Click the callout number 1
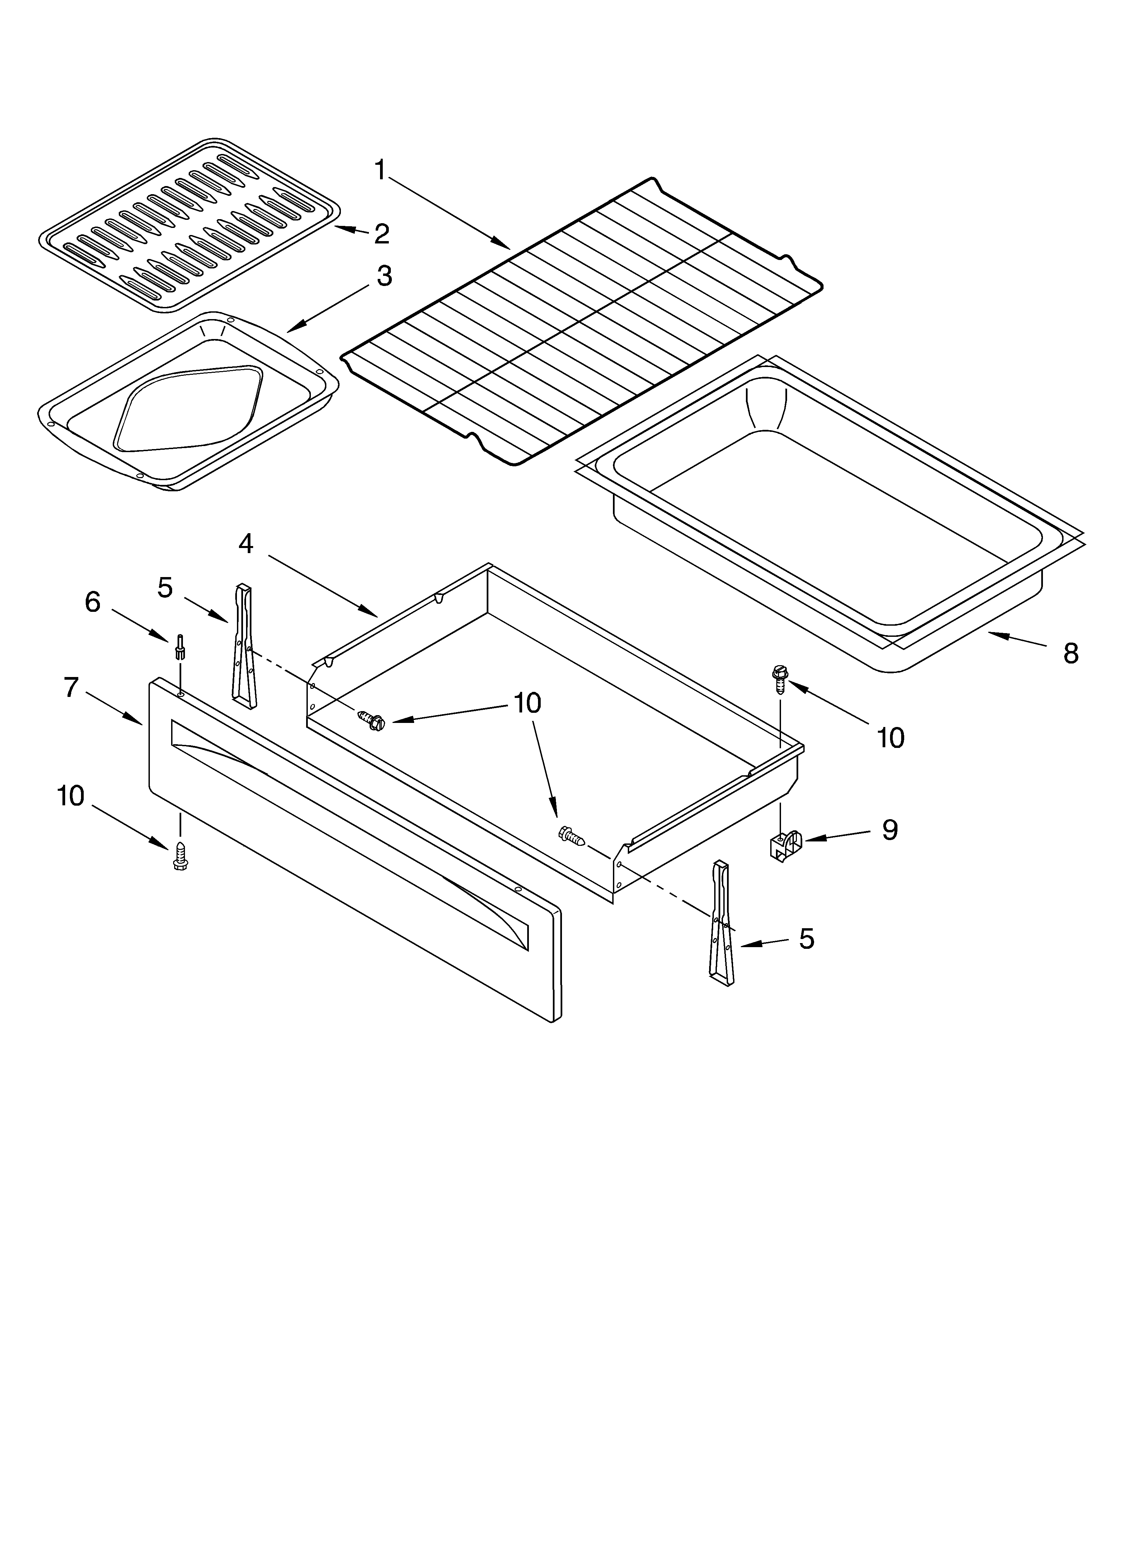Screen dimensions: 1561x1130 [x=380, y=169]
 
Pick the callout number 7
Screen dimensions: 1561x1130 [x=72, y=687]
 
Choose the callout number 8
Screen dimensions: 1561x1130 [x=1070, y=653]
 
